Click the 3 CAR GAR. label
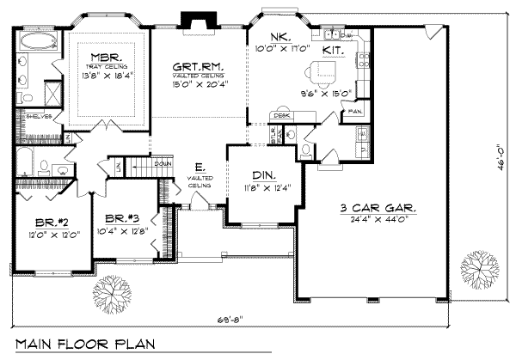(378, 208)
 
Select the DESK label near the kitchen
(279, 114)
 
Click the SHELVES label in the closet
(34, 117)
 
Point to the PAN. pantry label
(355, 111)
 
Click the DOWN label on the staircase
(162, 163)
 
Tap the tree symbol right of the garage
(479, 268)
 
